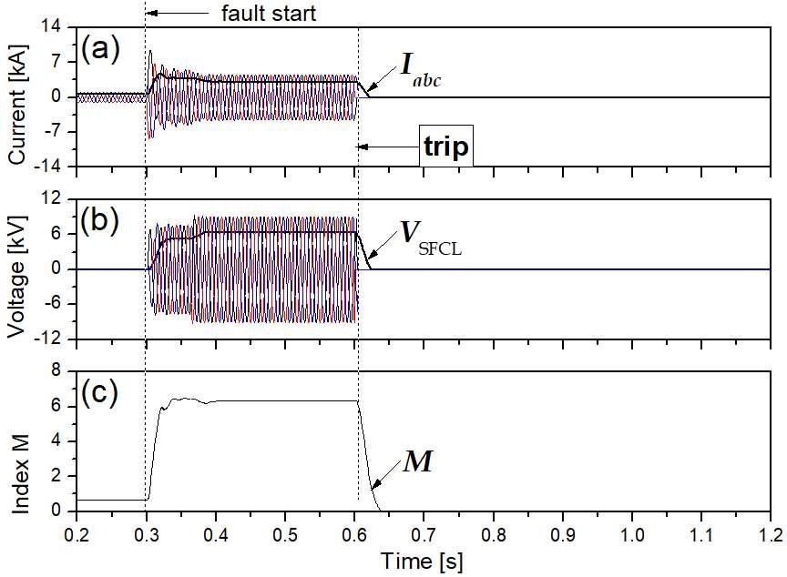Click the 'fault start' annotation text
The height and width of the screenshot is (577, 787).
(x=269, y=14)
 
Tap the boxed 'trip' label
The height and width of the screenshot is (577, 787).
(x=446, y=147)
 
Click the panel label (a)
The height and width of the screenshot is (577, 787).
(x=100, y=49)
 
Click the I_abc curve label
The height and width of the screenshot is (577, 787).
(x=421, y=69)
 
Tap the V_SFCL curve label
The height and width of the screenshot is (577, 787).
(x=431, y=238)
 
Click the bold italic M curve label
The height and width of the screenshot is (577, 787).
(x=417, y=461)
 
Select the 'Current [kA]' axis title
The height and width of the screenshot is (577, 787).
(x=17, y=105)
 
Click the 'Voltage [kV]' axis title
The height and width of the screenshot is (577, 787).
(x=17, y=277)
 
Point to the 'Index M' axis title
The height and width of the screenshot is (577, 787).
(x=19, y=474)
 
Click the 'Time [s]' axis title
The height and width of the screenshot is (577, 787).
(x=422, y=561)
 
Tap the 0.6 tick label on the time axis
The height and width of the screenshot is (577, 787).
(x=354, y=534)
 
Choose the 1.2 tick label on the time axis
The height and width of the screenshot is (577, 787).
(x=771, y=534)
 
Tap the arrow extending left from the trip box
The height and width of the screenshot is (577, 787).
(x=387, y=147)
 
